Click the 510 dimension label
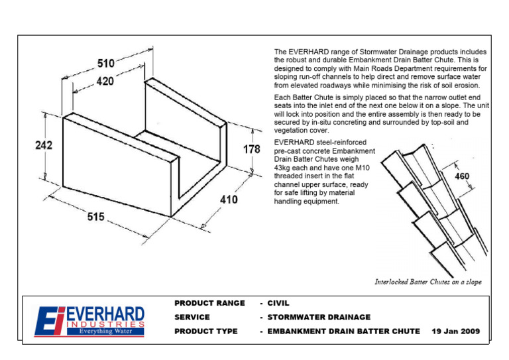click(x=107, y=64)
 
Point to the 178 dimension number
click(x=251, y=150)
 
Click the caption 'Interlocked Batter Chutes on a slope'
click(x=428, y=282)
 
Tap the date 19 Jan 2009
click(x=455, y=331)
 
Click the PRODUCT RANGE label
click(x=209, y=303)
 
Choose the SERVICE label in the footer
click(x=192, y=317)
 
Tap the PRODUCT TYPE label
click(x=205, y=331)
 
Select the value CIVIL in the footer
click(x=278, y=303)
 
